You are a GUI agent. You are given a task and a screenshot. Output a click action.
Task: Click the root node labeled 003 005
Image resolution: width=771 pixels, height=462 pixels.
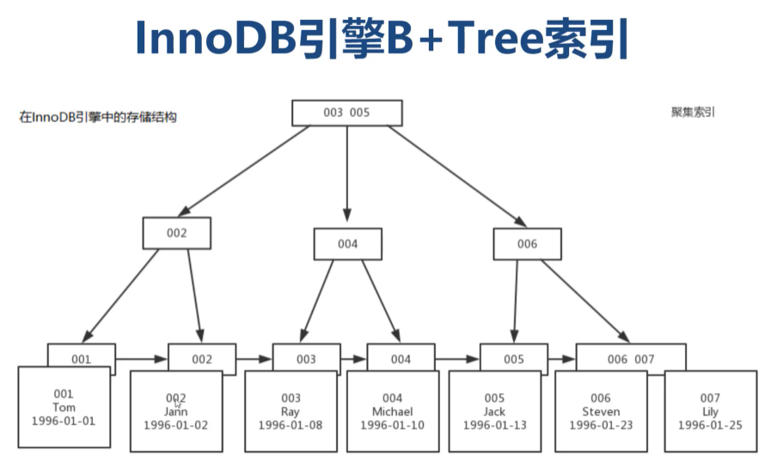point(346,113)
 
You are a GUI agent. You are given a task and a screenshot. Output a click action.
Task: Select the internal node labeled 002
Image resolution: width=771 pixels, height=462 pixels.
point(176,232)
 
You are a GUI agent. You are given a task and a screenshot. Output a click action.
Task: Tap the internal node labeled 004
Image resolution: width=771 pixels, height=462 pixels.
point(347,243)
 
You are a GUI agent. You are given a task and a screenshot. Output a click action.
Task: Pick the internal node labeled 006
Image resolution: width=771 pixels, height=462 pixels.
point(527,243)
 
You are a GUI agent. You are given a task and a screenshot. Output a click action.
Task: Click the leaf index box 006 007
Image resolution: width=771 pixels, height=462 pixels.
point(631,358)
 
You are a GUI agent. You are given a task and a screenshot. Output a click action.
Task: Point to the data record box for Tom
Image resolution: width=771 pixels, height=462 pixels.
point(64,407)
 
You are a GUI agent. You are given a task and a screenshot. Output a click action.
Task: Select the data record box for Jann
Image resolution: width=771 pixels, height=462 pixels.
point(175,411)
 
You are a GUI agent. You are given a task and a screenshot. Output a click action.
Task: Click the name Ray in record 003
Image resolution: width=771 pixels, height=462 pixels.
point(291,411)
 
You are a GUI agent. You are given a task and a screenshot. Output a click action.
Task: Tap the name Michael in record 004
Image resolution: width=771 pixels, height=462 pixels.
point(392,411)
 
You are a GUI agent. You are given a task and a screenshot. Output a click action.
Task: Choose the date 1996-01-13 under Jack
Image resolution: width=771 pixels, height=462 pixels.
point(494,425)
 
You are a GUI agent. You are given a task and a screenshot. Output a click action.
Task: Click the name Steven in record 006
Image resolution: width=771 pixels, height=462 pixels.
point(600,411)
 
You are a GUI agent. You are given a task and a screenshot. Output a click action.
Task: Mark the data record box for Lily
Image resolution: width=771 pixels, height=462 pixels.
point(710,411)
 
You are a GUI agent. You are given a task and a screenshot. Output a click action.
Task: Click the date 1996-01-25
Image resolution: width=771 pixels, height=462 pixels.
point(710,425)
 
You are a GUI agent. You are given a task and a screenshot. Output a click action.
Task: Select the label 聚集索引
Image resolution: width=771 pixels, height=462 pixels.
point(693,112)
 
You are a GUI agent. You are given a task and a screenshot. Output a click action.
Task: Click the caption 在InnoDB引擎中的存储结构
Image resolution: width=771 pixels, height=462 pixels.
point(98,118)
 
